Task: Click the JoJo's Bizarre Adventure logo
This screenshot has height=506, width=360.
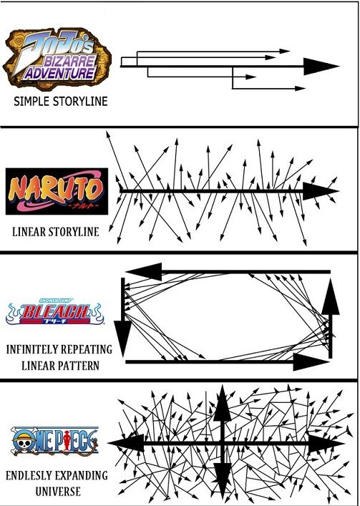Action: click(57, 59)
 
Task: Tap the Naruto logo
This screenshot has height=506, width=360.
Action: click(57, 191)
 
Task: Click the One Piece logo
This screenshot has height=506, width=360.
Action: click(55, 441)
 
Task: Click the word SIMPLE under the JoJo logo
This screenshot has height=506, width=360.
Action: click(31, 102)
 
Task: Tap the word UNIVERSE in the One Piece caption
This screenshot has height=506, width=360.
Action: click(58, 492)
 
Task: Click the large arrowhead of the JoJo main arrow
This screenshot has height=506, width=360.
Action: click(321, 67)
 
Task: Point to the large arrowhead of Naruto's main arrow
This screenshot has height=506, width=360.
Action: click(321, 191)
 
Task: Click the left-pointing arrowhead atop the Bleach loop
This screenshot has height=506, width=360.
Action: click(144, 272)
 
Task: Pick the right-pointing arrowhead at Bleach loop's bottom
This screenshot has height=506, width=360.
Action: click(311, 362)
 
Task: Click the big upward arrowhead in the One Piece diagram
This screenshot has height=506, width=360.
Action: click(223, 403)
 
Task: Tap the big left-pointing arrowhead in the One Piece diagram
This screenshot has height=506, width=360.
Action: click(126, 443)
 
